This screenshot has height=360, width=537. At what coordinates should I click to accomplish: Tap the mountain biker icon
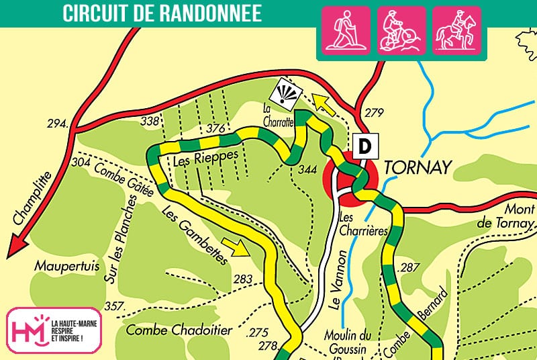[x=401, y=30]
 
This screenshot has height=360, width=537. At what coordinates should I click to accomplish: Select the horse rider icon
[x=456, y=30]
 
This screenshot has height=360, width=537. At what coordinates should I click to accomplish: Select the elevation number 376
[x=215, y=128]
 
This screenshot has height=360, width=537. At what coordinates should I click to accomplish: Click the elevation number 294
[x=58, y=124]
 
